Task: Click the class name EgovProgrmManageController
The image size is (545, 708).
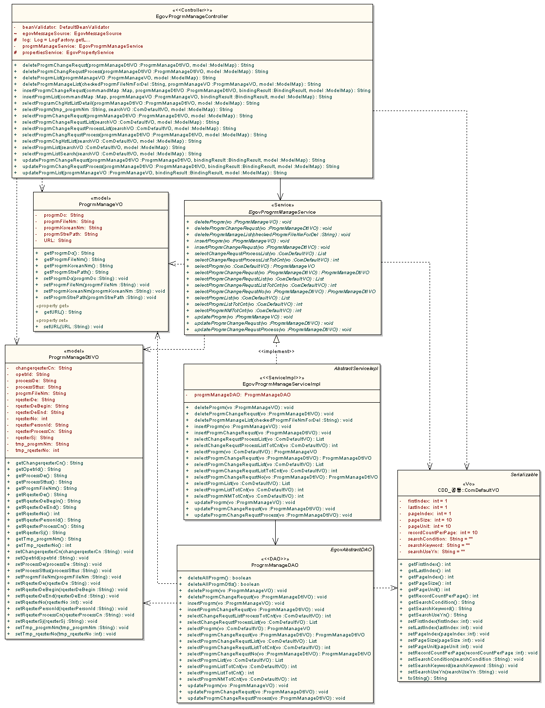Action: point(192,17)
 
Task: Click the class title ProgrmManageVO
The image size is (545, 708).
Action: point(101,205)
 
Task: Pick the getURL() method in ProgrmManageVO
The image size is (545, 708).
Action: point(62,312)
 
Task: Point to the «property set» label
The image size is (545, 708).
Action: point(52,320)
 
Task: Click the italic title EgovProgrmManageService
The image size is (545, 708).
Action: point(282,212)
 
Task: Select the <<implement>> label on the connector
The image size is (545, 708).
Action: point(276,352)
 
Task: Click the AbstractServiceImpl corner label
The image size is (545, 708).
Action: point(356,369)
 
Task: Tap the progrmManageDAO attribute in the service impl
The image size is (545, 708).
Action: point(242,395)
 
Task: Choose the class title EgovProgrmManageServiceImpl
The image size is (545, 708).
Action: point(282,384)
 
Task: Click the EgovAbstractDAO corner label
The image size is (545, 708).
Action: point(351,550)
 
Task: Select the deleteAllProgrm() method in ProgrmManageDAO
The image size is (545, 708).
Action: point(219,578)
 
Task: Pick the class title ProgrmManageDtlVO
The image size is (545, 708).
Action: point(74,357)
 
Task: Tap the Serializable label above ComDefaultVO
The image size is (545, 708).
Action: point(524,475)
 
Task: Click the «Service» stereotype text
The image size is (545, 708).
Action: point(282,205)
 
